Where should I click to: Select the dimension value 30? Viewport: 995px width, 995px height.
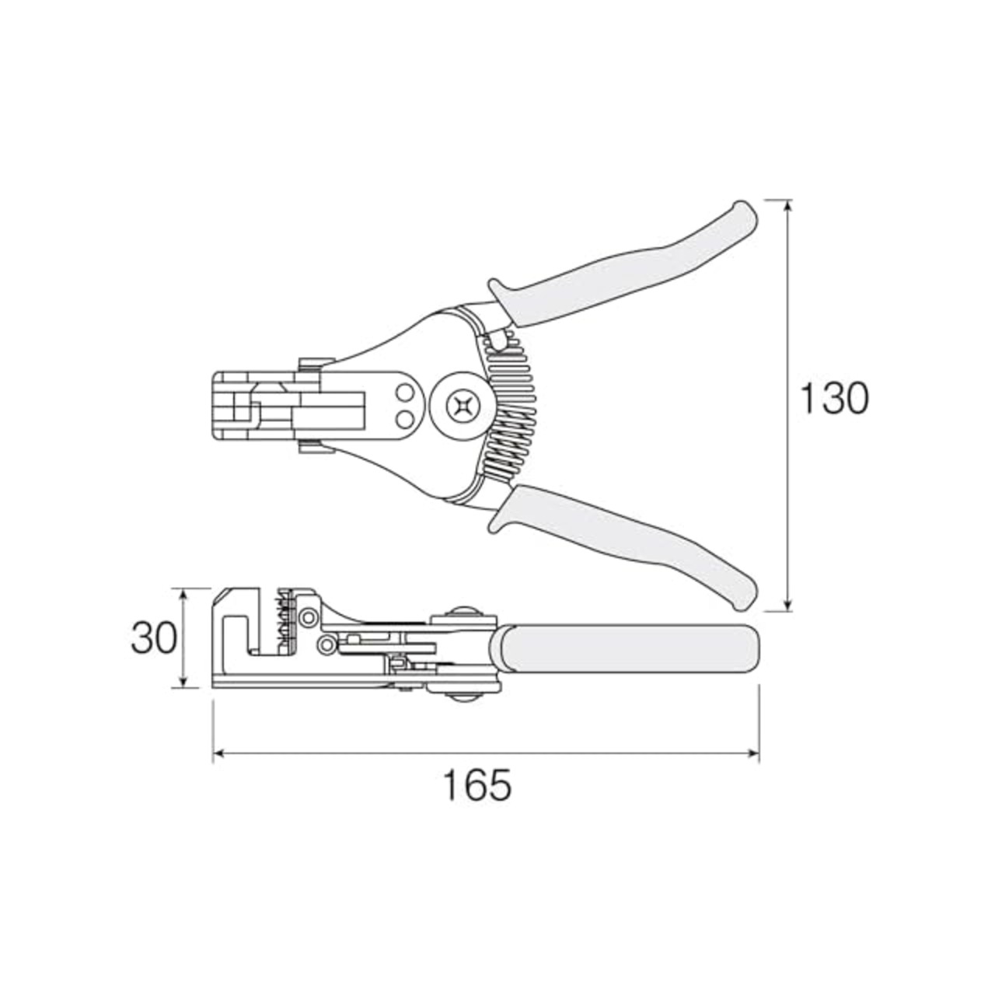pos(153,637)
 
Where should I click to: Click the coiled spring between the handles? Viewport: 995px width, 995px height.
pos(511,403)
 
